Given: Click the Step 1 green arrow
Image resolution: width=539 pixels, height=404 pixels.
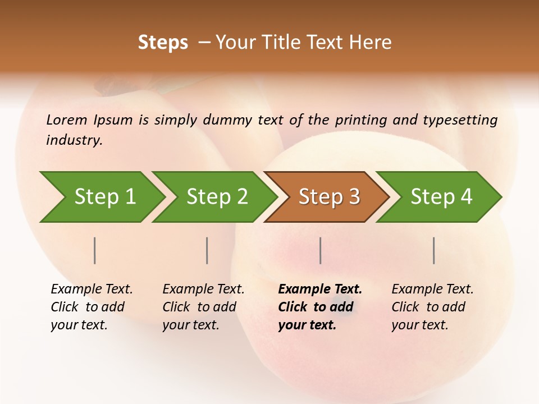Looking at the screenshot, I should (x=103, y=197).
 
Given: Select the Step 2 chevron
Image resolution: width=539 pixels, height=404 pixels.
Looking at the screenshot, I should (x=216, y=197).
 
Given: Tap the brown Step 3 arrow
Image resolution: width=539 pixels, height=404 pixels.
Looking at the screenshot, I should (x=328, y=197).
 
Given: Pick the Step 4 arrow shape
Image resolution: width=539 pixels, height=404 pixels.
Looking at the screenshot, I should (x=440, y=197).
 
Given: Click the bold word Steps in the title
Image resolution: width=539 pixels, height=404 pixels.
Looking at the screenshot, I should (x=163, y=43).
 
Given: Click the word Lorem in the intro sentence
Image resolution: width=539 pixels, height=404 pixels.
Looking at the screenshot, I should (x=67, y=120).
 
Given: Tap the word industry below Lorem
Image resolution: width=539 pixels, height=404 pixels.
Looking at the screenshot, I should (x=74, y=140).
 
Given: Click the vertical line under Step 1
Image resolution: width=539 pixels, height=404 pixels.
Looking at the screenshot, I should (x=95, y=250).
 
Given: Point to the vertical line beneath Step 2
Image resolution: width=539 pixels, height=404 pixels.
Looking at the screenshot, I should (x=207, y=250).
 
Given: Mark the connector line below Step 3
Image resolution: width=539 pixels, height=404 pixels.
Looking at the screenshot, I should (x=320, y=250).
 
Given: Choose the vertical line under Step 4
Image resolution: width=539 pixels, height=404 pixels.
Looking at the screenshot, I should (x=434, y=250).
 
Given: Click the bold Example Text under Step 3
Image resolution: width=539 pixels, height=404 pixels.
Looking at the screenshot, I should (x=320, y=289).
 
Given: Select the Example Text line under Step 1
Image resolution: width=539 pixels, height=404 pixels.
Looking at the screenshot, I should (x=92, y=289).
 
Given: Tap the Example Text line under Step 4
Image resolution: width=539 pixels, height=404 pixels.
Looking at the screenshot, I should (x=432, y=289).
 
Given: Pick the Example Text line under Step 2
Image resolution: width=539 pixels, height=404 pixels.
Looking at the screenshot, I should (x=203, y=289).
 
